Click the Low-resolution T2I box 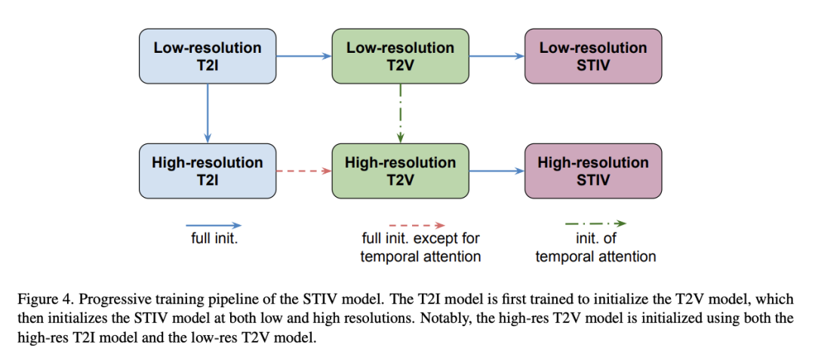(x=208, y=56)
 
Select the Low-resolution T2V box (x=400, y=56)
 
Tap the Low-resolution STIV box (x=593, y=56)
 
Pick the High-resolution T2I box (x=208, y=171)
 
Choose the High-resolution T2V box (x=400, y=171)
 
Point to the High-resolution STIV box (x=593, y=171)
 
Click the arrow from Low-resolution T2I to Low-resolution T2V (x=304, y=56)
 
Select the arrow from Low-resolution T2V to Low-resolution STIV (x=497, y=56)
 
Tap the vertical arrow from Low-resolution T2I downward (x=208, y=113)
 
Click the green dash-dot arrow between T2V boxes (x=400, y=113)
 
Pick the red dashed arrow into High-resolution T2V (x=304, y=171)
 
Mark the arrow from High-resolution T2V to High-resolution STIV (x=497, y=171)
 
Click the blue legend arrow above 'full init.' (x=214, y=226)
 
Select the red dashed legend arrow (x=417, y=226)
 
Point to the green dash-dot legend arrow (x=596, y=224)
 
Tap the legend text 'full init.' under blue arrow (x=214, y=240)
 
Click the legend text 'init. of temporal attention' (x=595, y=248)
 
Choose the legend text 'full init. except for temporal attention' (x=420, y=248)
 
